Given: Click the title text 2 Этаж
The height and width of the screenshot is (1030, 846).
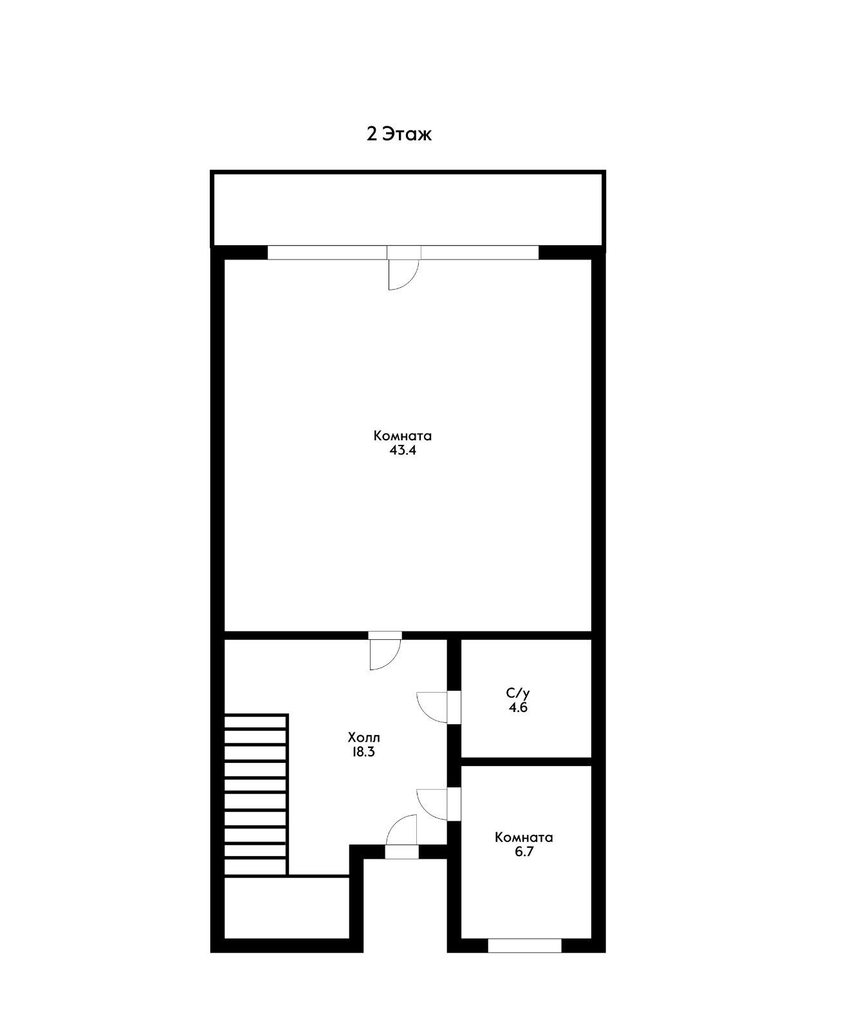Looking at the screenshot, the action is point(399,134).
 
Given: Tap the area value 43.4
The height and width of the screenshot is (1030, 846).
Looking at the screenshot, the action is point(403,450).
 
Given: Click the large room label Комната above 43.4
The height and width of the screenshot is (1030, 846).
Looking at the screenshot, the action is point(403,436).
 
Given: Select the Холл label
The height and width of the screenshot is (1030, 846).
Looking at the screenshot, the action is point(363,737).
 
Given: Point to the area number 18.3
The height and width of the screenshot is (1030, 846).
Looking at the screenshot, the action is point(363,752).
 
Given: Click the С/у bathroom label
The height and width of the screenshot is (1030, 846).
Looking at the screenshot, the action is point(518,693).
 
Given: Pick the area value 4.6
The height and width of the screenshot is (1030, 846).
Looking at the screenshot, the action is point(518,707).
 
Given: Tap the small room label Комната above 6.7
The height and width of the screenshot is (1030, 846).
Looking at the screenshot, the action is point(524,838).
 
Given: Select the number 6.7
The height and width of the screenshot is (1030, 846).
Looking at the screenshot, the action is point(524,852).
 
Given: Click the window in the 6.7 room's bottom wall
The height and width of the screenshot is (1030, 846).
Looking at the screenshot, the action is point(525,946).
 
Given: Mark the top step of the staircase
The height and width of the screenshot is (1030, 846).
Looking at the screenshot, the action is point(255,722).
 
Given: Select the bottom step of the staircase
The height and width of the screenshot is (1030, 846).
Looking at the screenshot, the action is point(255,867).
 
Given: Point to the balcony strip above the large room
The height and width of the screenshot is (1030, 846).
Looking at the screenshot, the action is point(408,209).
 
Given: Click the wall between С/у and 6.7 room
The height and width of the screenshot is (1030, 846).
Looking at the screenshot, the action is point(526,762).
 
